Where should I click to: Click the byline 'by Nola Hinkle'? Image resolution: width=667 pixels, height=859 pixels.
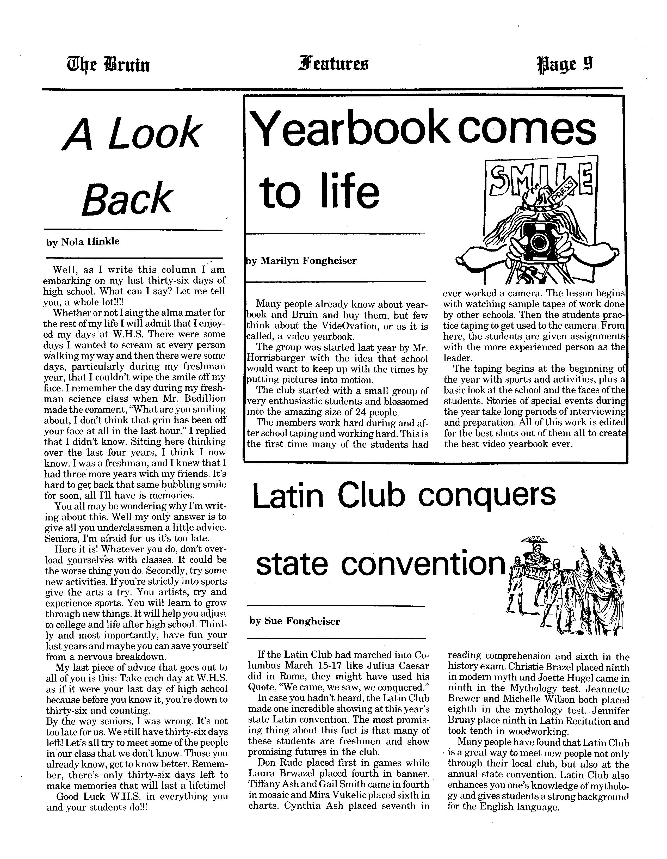pyautogui.click(x=83, y=242)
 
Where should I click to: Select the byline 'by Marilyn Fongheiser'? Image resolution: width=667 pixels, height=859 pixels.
pyautogui.click(x=302, y=261)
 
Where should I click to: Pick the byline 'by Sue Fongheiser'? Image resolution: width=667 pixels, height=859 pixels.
pyautogui.click(x=295, y=621)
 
